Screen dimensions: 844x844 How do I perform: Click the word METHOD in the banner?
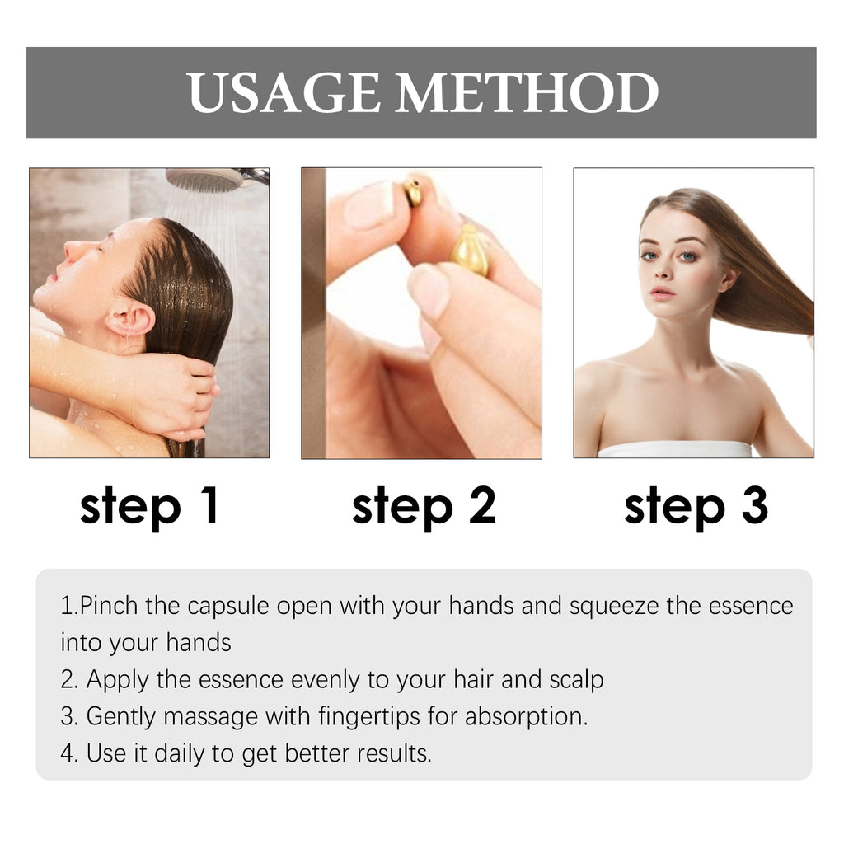tap(527, 92)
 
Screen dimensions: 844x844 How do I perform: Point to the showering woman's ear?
tap(131, 316)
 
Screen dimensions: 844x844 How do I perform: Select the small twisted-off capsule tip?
tap(413, 192)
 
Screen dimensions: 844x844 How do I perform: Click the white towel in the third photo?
tap(674, 449)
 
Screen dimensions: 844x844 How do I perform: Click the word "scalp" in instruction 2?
tap(576, 680)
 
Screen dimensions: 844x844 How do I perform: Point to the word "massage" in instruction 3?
tap(210, 717)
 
